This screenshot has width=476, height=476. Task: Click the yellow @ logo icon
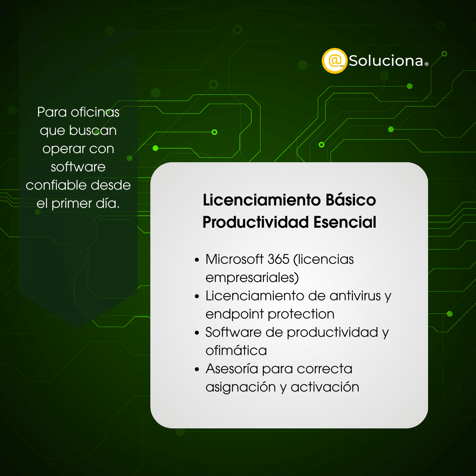334,61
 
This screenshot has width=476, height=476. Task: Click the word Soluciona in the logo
386,61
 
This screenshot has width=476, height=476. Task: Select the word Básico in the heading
351,200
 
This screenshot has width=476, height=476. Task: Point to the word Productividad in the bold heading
255,222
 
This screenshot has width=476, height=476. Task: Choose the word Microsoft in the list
234,259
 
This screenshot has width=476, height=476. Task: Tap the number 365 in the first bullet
278,259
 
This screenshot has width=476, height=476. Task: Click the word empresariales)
252,277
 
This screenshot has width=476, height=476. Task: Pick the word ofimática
236,350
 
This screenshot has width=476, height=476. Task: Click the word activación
325,387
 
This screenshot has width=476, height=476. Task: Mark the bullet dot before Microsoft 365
197,260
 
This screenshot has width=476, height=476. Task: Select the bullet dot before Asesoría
197,370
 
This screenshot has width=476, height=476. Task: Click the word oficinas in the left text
95,112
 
